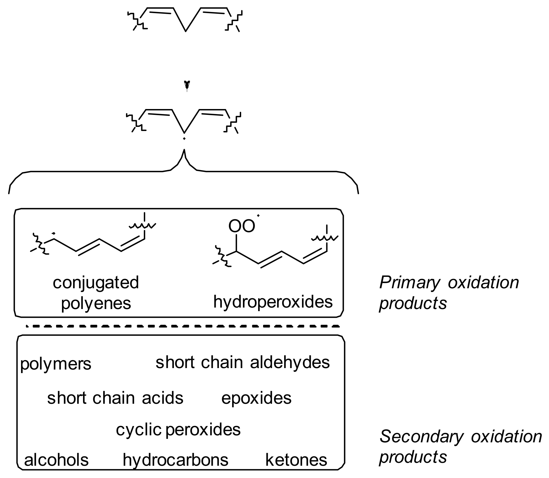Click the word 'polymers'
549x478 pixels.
[56, 364]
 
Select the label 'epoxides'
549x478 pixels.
[256, 398]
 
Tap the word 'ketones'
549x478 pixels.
[296, 460]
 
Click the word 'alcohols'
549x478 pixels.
[56, 460]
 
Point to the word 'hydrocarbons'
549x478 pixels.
[175, 460]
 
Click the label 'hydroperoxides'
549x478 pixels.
[273, 302]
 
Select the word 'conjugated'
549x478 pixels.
[96, 283]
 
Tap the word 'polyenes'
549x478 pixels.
[96, 303]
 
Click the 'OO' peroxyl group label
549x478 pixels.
[241, 226]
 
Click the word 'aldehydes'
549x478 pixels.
[290, 362]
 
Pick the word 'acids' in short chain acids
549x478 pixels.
[162, 398]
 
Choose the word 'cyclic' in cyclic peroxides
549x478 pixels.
[139, 429]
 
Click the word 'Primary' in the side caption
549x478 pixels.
[409, 283]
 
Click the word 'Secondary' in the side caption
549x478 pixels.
[421, 437]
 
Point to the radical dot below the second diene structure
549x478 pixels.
[184, 139]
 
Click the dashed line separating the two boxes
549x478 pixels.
[183, 326]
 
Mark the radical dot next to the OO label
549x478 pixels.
[258, 216]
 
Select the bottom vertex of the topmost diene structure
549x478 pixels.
[185, 31]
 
